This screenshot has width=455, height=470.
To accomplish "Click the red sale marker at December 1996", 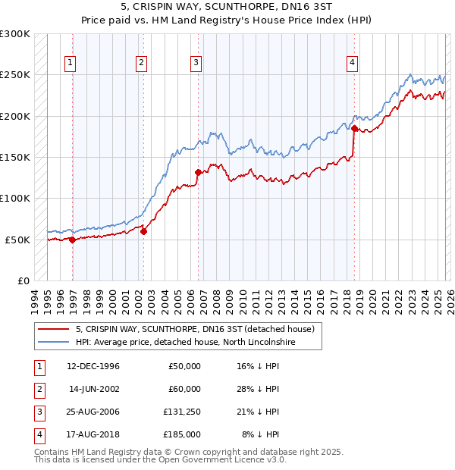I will click(73, 240).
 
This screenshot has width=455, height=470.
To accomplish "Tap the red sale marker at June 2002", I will click(143, 232).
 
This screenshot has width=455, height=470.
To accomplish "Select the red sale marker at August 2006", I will click(198, 172).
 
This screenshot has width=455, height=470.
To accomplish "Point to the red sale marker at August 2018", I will click(354, 129).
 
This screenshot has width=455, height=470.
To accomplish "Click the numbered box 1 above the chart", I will click(70, 63).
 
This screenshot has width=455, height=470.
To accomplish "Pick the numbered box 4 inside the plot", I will click(353, 63).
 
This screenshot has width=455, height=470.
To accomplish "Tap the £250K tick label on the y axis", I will click(15, 75).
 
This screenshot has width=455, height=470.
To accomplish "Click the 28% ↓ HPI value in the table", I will click(258, 389).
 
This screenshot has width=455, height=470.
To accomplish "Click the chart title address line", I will click(227, 7).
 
